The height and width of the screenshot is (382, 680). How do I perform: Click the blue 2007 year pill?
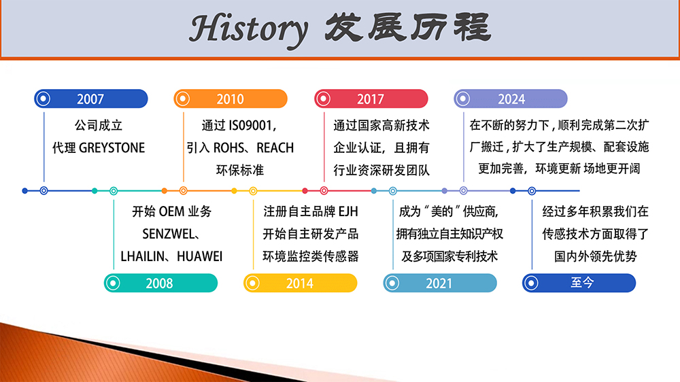point(91,99)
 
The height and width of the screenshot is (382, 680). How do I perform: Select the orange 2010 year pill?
point(231,99)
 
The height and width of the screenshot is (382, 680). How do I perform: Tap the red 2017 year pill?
point(371,99)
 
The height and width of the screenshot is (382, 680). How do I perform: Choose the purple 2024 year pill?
point(511,99)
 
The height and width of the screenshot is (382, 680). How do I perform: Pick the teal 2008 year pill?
point(161,283)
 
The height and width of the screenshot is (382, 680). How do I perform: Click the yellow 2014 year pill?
point(301,283)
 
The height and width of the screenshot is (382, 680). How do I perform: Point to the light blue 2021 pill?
point(440,283)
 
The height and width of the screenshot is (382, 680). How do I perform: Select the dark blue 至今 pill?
point(579,283)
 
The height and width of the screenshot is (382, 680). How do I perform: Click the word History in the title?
point(249,29)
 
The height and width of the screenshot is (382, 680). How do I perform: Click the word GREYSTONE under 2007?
point(112,148)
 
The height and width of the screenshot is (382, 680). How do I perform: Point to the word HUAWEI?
point(199,257)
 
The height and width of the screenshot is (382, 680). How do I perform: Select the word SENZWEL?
point(168,234)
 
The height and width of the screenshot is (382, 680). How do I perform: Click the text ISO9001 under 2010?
point(250,126)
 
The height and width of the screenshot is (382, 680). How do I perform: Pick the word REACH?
point(275,148)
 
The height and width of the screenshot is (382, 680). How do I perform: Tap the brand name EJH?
point(348,211)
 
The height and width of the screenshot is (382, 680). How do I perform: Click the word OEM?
point(172,211)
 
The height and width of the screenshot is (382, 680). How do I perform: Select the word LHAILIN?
point(143,257)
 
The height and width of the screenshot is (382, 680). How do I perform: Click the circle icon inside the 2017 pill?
point(323,99)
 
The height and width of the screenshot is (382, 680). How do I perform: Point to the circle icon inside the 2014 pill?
point(252,283)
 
